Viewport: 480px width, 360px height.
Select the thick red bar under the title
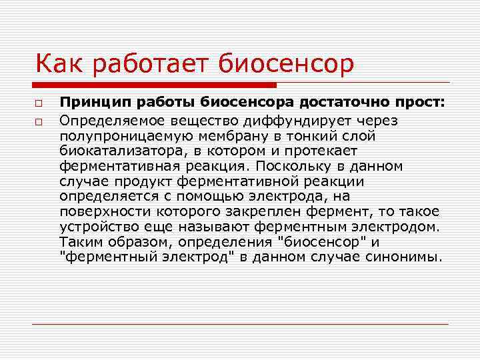[154, 85]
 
